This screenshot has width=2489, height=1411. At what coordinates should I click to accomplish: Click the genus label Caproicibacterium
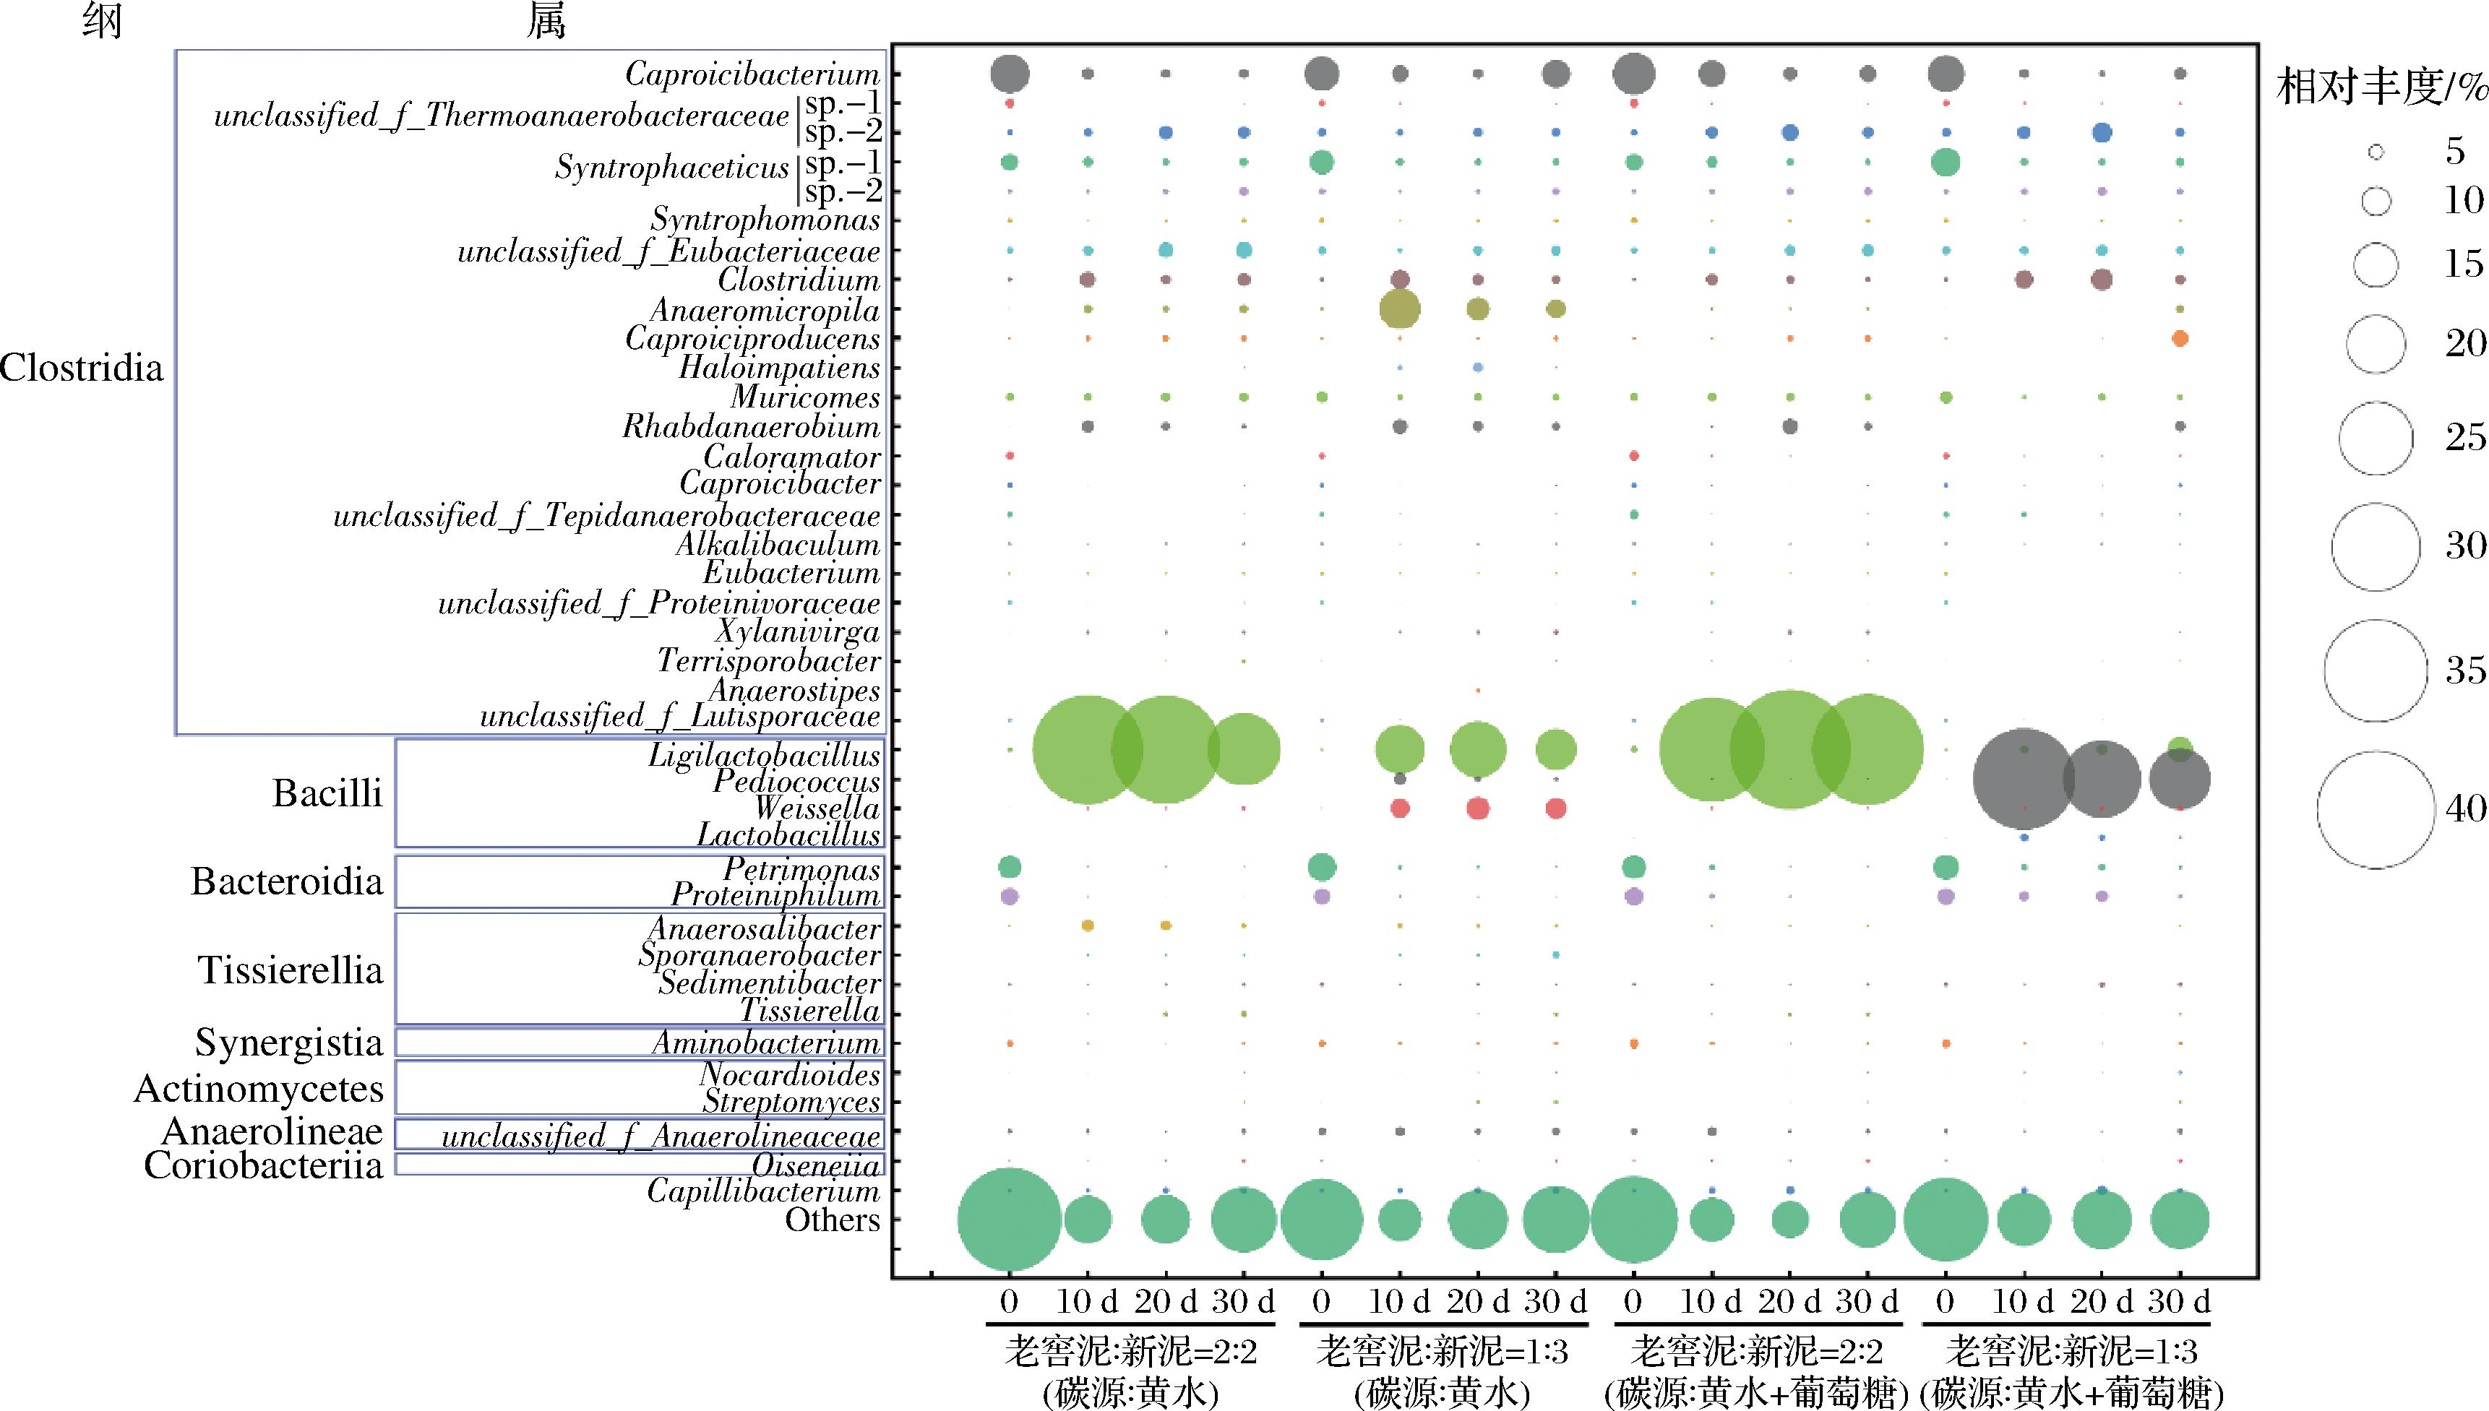[x=752, y=74]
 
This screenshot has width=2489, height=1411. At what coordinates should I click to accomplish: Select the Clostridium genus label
[x=799, y=280]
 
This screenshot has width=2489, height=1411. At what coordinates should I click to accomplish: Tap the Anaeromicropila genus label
[x=765, y=310]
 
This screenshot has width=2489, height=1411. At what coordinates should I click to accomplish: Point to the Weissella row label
[x=817, y=808]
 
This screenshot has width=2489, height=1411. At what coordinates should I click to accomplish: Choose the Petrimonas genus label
[x=801, y=868]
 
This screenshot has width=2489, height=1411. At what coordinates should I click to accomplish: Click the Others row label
[x=832, y=1220]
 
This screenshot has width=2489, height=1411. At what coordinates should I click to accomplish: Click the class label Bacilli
[x=327, y=794]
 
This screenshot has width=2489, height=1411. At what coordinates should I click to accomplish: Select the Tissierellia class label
[x=291, y=970]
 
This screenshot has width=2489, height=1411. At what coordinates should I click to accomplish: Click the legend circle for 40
[x=2376, y=810]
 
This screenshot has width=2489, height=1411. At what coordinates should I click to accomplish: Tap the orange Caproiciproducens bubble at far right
[x=2180, y=339]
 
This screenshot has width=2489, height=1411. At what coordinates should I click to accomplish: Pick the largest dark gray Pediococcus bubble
[x=2023, y=779]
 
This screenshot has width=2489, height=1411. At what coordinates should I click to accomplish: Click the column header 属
[x=546, y=22]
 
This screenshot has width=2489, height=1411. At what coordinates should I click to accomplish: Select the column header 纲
[x=102, y=22]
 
